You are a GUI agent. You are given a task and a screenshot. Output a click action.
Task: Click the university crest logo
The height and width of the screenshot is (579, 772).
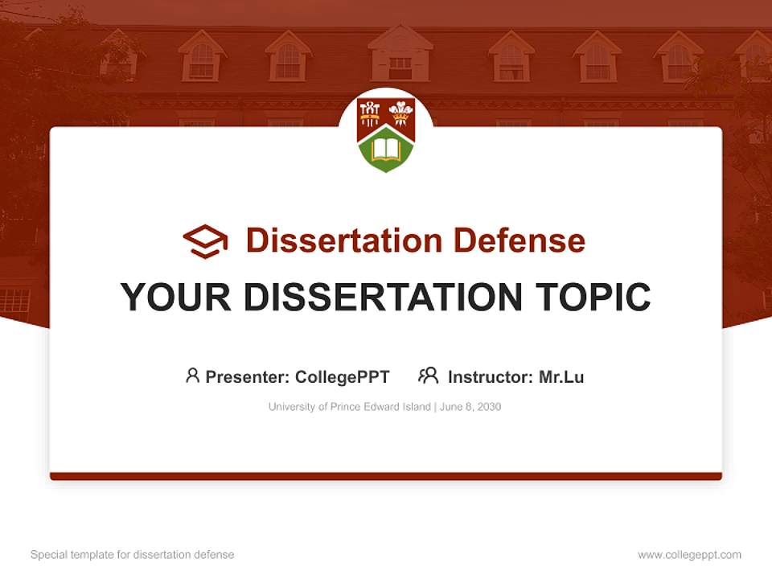(386, 133)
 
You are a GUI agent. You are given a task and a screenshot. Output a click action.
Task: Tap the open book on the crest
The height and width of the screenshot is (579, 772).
(386, 150)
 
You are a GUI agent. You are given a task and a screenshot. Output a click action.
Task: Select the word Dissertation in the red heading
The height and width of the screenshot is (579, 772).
(343, 240)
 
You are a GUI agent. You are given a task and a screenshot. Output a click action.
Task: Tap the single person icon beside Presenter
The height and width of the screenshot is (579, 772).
(192, 376)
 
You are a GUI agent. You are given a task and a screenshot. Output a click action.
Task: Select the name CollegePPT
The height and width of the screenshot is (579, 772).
(343, 377)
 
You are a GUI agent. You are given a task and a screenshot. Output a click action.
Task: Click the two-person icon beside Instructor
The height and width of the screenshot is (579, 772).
(429, 376)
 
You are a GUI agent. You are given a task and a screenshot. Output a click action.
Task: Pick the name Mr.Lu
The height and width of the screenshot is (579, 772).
(561, 377)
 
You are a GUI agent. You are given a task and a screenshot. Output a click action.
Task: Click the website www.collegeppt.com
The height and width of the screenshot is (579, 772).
(689, 555)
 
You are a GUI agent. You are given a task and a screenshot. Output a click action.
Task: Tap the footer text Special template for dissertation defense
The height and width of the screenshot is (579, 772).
(133, 555)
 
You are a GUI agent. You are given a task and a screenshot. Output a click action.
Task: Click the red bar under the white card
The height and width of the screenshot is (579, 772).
(386, 476)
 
